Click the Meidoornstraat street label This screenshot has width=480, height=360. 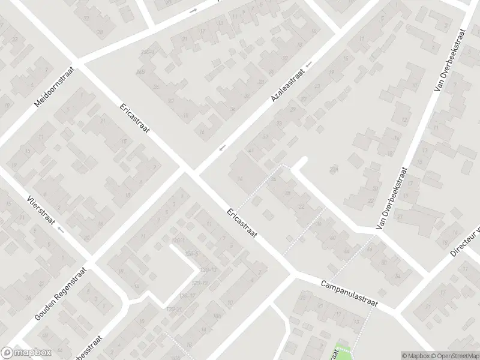point(54,85)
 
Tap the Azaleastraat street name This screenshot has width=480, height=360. point(288,83)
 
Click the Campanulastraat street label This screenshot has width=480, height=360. point(348,293)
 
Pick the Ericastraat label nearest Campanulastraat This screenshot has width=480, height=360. point(241,223)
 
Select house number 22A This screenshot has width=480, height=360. point(334,170)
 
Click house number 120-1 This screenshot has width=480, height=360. point(176,241)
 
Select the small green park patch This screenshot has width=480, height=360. point(343,351)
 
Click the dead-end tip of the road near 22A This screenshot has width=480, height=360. point(304,160)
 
